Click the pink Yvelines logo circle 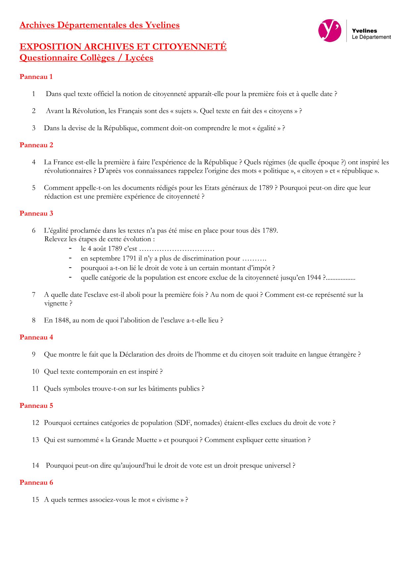pyautogui.click(x=329, y=30)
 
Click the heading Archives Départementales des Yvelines pyautogui.click(x=100, y=25)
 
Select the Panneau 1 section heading pyautogui.click(x=36, y=77)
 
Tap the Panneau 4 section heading pyautogui.click(x=36, y=337)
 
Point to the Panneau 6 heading pyautogui.click(x=36, y=482)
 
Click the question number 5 pyautogui.click(x=34, y=188)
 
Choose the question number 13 pyautogui.click(x=35, y=440)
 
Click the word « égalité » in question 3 pyautogui.click(x=266, y=128)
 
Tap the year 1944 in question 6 pyautogui.click(x=314, y=278)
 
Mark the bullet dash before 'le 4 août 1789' pyautogui.click(x=70, y=248)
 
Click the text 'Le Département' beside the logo pyautogui.click(x=371, y=37)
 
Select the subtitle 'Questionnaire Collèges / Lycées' pyautogui.click(x=86, y=58)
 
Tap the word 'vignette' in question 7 pyautogui.click(x=56, y=303)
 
